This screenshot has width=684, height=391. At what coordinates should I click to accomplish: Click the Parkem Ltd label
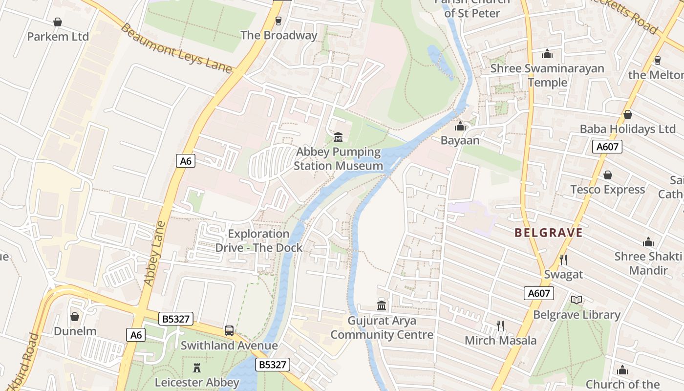58,37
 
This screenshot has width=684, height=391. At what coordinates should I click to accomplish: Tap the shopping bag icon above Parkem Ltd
58,22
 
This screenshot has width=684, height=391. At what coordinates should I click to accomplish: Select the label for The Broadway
279,35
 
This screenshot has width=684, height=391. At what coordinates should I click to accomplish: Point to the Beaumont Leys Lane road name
176,48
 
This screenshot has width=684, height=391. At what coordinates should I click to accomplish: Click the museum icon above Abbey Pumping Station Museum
338,137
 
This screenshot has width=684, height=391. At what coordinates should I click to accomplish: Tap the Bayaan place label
460,141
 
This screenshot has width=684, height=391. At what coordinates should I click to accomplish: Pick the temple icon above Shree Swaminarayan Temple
547,54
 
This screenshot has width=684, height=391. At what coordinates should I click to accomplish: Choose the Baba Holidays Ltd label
627,129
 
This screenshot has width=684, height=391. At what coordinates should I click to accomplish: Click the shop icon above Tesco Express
608,175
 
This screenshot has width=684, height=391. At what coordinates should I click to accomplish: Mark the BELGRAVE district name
549,233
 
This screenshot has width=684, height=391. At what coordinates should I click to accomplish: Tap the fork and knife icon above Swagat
563,260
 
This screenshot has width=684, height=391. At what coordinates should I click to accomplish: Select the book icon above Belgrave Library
577,300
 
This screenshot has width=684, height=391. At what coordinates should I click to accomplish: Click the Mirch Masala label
500,341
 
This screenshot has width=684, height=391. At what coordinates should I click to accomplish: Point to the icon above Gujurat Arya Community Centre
382,306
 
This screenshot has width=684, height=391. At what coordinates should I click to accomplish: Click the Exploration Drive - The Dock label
259,240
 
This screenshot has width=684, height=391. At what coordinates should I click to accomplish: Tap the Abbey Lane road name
155,253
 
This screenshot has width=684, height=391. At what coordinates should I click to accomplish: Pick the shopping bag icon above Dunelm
75,317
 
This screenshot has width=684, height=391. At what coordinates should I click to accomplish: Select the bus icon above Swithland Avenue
229,331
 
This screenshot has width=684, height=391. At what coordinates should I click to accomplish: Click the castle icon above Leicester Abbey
197,368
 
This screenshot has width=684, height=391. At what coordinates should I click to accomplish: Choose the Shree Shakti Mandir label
648,263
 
